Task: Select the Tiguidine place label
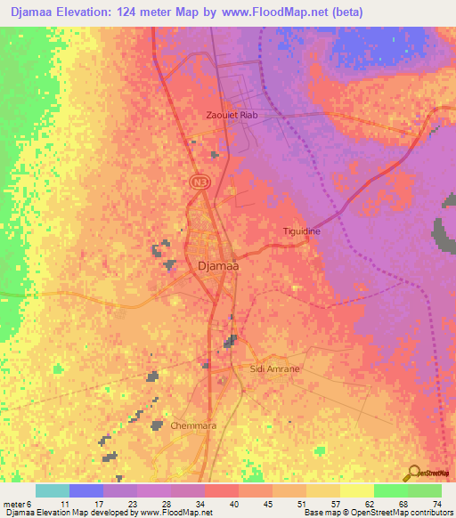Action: pyautogui.click(x=301, y=231)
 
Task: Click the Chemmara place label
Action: pyautogui.click(x=193, y=426)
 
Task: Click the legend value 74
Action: pyautogui.click(x=436, y=503)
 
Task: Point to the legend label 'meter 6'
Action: pyautogui.click(x=16, y=503)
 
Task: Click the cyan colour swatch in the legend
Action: pyautogui.click(x=53, y=490)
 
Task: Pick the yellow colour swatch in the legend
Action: pyautogui.click(x=356, y=490)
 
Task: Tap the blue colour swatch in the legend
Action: pyautogui.click(x=86, y=490)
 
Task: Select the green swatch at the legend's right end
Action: pyautogui.click(x=424, y=490)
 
